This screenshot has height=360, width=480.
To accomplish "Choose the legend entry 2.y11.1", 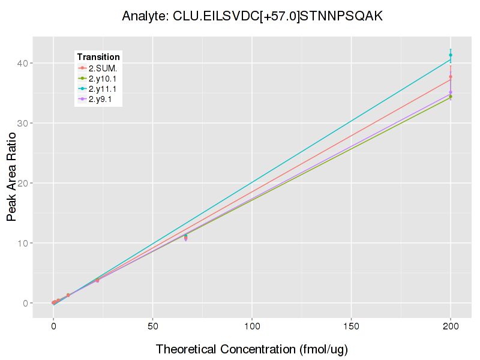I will coord(103,89).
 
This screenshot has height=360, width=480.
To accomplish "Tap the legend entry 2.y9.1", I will coord(101,100).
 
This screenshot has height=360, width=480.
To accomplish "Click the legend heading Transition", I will coord(98,57).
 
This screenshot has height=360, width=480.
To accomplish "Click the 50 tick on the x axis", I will coord(152,327).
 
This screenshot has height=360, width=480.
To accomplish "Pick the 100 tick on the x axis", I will coord(252,327).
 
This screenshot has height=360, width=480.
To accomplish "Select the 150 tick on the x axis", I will coord(351,327).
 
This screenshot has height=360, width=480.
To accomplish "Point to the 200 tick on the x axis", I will coord(451,327).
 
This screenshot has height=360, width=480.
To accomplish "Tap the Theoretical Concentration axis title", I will coord(252,349).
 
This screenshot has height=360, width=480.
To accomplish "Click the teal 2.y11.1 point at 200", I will coord(451,55).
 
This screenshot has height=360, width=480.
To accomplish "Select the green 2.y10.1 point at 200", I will coord(451,97).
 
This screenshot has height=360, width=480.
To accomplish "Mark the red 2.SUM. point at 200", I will coord(451,77).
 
